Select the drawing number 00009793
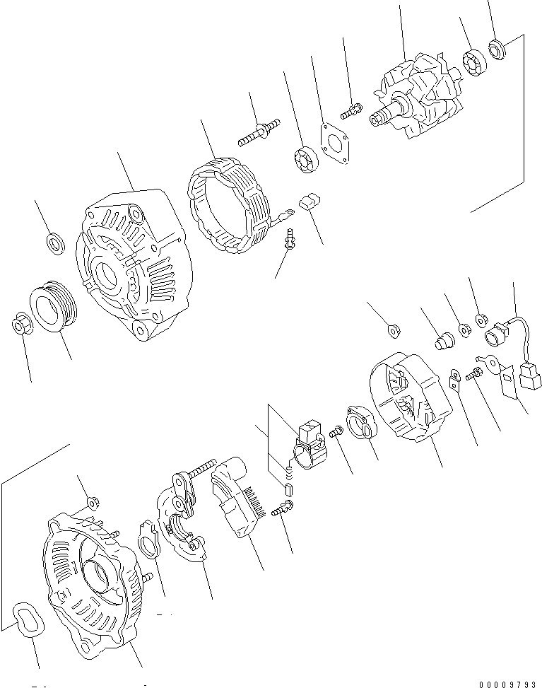(x=507, y=683)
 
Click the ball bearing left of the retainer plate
(x=307, y=160)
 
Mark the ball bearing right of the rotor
(x=473, y=62)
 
